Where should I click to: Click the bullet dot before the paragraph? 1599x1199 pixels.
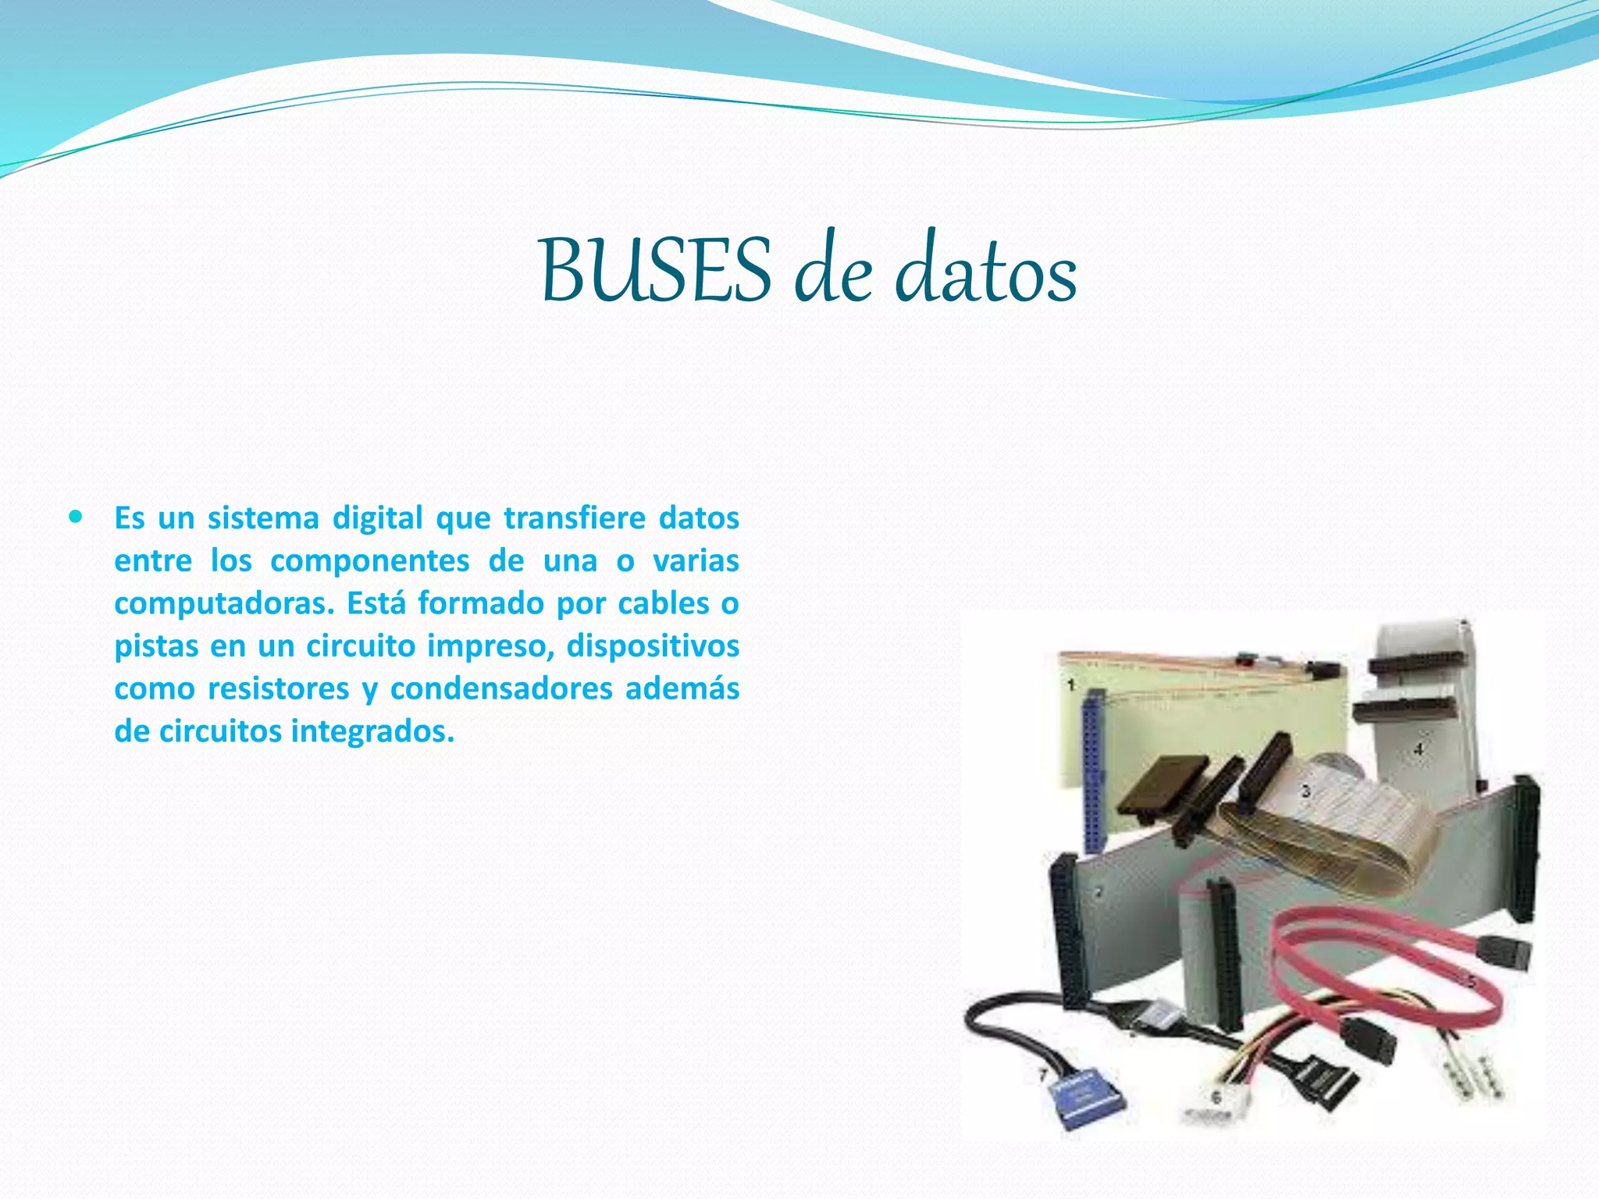pos(76,517)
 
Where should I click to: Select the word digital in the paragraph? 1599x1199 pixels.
pos(378,518)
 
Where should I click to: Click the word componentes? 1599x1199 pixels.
pos(370,560)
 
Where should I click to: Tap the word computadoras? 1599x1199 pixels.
pos(224,603)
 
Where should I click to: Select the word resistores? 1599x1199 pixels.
pos(279,688)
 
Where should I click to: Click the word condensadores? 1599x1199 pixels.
pos(500,688)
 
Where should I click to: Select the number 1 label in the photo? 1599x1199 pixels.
pos(1071,685)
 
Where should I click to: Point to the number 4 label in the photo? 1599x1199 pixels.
pos(1419,749)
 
